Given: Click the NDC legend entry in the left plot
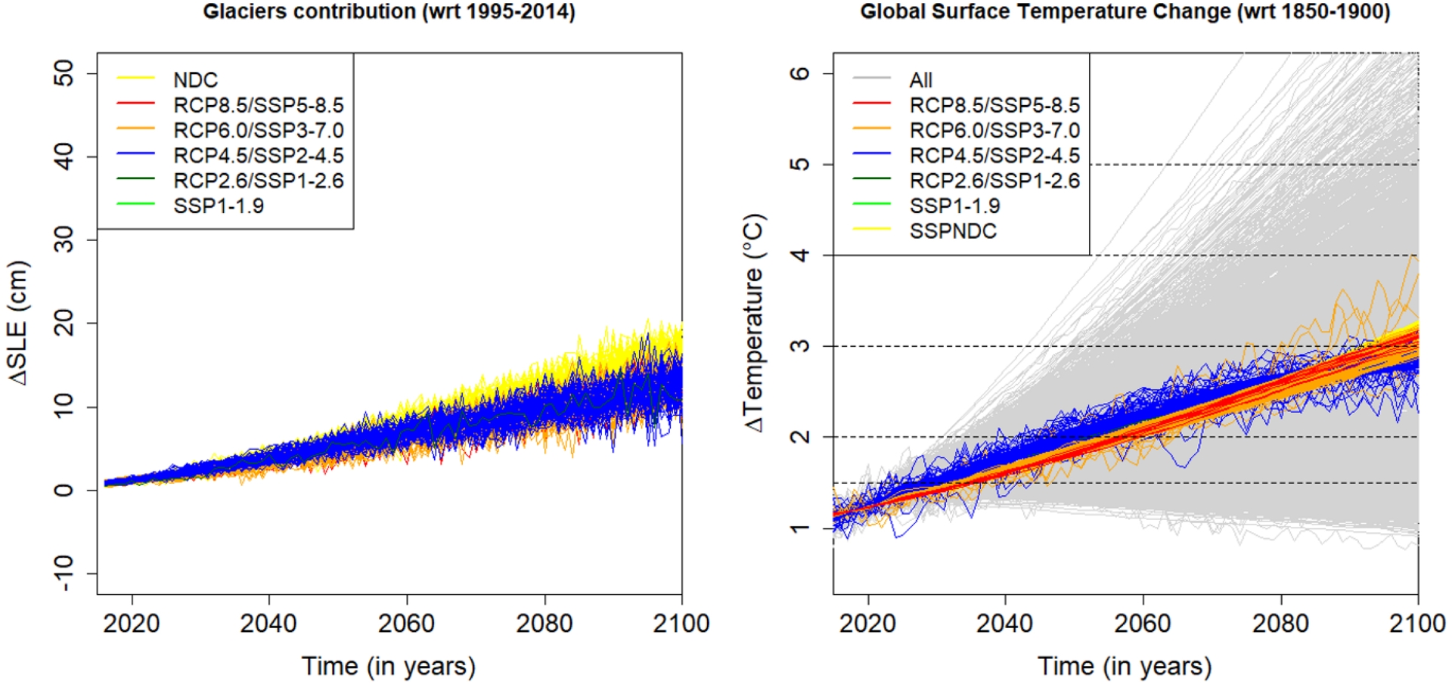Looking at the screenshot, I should point(195,80).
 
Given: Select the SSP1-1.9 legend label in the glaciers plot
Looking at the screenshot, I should point(219,206).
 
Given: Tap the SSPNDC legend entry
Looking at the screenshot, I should point(953,231).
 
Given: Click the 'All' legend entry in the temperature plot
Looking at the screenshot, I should point(920,80).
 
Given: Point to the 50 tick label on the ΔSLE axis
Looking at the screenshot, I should point(65,73).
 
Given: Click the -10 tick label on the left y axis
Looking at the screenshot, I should point(65,574).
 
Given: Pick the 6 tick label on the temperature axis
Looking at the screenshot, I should point(800,73).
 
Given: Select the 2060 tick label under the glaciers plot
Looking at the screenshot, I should point(406,624).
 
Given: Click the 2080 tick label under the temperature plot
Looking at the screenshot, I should point(1280,624).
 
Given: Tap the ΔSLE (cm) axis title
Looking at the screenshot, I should point(18,323).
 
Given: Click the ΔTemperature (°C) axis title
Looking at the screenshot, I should point(755,323).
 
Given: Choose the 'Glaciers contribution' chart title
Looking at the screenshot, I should point(389,12).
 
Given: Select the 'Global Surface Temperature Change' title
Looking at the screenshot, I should point(1125,12).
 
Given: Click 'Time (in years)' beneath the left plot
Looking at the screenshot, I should point(389,667).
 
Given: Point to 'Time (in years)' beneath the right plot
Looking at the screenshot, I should point(1125,667).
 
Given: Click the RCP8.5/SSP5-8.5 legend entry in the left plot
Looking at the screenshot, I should point(258,105).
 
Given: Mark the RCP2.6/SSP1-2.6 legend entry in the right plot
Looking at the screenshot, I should point(994,181).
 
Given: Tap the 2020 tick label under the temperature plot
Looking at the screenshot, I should point(867,624).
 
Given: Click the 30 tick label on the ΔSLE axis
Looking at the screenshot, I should point(65,240).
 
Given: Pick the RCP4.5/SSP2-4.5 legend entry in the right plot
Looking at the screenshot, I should point(994,156).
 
